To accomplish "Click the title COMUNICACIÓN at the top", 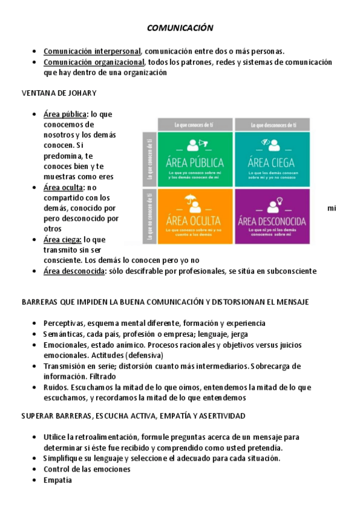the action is (180, 28).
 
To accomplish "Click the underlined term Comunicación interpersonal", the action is (92, 51).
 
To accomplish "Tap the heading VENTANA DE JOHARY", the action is (59, 93).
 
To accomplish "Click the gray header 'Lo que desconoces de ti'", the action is (273, 124).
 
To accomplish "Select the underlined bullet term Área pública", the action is (66, 114).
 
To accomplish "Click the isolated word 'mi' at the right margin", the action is (332, 208).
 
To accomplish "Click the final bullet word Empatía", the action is (58, 480).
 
